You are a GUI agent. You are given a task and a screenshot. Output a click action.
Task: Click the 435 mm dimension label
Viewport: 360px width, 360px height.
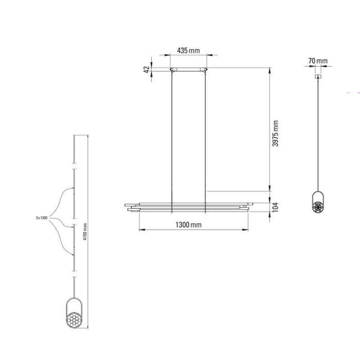tap(188, 50)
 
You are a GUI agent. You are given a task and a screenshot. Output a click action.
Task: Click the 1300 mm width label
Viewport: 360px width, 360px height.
tap(188, 225)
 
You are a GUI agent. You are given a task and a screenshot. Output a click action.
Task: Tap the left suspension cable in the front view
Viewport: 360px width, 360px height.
tap(171, 135)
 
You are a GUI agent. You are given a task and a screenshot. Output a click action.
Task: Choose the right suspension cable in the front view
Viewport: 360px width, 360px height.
tap(206, 135)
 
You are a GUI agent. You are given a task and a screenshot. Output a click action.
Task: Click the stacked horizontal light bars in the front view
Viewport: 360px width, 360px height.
tap(188, 206)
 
